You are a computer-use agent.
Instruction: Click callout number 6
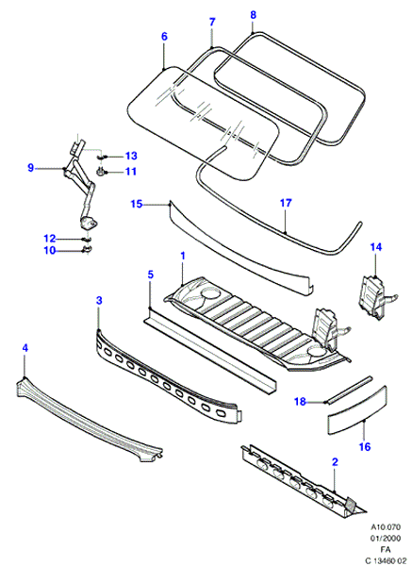coord(164,36)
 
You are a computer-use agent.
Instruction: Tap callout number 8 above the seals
coord(253,15)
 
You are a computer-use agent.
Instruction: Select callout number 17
coord(286,203)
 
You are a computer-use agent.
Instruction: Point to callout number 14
coord(375,247)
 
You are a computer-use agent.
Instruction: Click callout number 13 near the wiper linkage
coord(131,156)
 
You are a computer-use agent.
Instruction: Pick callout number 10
coord(50,250)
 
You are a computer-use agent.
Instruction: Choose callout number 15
coord(137,205)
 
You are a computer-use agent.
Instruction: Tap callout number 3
coord(99,300)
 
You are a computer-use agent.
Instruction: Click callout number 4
coord(25,348)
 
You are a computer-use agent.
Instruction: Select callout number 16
coord(365,447)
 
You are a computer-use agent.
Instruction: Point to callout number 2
coord(335,462)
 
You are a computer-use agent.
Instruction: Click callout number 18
coord(300,402)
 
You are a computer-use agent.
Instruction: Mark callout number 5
coord(151,275)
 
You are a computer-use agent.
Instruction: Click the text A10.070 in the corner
coord(386,527)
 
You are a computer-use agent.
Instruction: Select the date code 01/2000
coord(386,539)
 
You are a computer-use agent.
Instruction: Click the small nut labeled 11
coord(100,172)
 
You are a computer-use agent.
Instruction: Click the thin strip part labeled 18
coord(348,390)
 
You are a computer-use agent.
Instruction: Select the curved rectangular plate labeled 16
coord(357,409)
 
